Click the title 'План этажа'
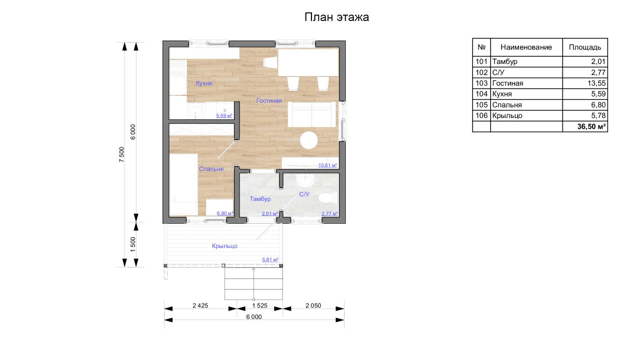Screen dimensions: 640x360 coord(336,17)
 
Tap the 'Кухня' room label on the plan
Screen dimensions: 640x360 coord(204,83)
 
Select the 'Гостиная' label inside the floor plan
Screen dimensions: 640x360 coord(269,100)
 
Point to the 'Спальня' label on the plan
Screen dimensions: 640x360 coord(211,169)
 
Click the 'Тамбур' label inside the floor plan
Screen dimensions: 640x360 coord(260,199)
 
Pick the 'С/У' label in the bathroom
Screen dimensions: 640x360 coord(304,194)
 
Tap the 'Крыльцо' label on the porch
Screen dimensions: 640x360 coord(224,246)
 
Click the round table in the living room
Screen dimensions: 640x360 coord(309,140)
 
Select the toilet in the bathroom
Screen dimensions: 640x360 coord(327,198)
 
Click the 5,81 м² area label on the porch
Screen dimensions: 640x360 coord(270,259)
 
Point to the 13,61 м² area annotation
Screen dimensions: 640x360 coord(327,165)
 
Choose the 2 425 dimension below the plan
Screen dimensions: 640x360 coord(200,305)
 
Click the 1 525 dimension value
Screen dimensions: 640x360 coord(259,305)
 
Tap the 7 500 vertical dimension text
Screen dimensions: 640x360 coord(121,154)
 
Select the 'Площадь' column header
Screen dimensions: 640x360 coord(585,47)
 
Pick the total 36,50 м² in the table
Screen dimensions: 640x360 coord(591,126)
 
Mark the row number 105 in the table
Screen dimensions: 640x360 coord(481,105)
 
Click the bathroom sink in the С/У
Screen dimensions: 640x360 coord(305,180)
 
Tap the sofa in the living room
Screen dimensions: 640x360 coord(311,114)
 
